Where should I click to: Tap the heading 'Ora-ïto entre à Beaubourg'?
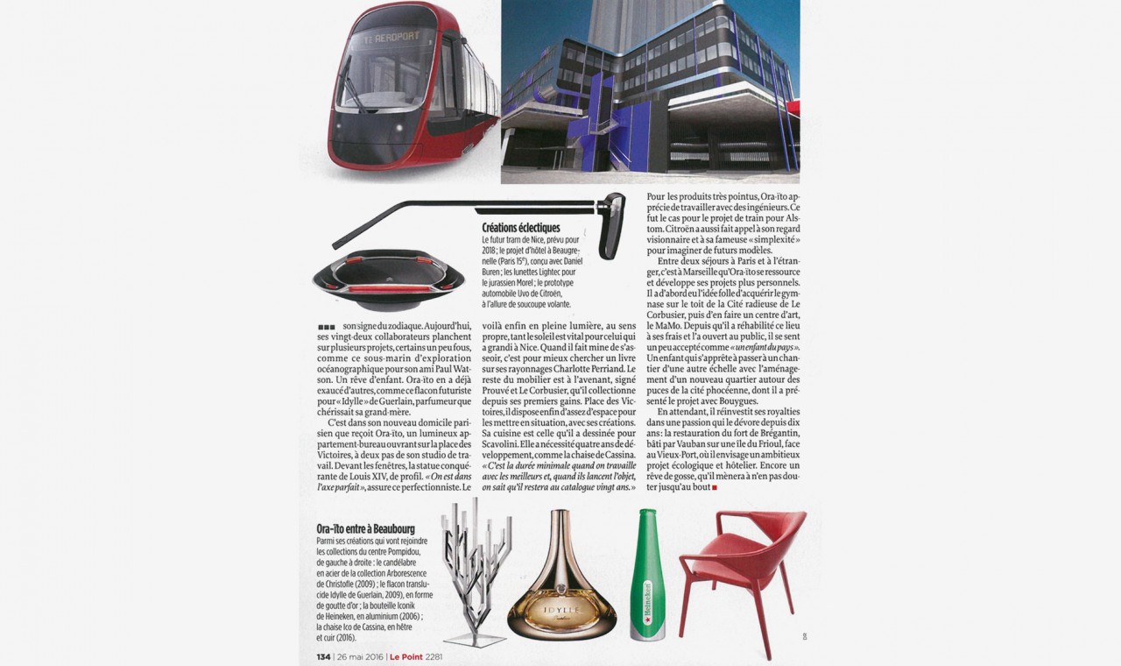[x=365, y=529]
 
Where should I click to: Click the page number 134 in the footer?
[x=322, y=657]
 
